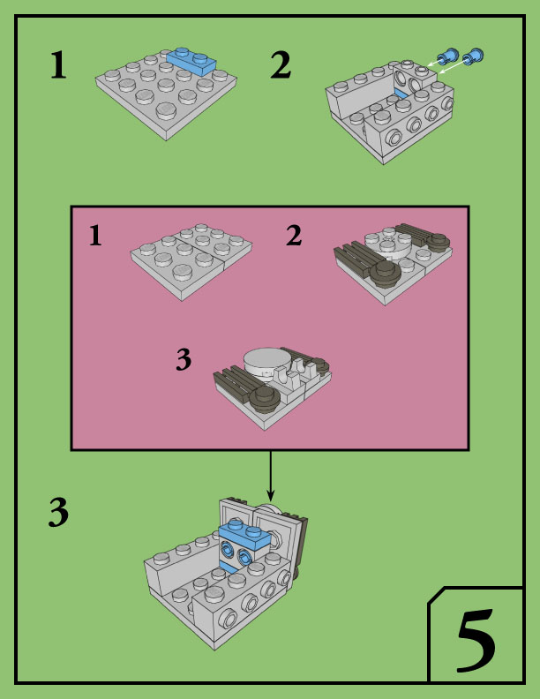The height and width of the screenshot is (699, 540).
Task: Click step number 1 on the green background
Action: point(58,65)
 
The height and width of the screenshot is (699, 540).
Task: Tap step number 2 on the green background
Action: point(281,65)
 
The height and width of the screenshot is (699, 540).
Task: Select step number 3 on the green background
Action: point(58,513)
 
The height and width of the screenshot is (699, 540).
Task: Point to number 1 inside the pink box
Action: point(96,236)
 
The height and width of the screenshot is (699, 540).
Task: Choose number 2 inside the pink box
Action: point(294,236)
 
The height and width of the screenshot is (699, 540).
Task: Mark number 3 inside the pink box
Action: point(184,359)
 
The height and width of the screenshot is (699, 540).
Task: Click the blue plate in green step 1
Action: point(191,59)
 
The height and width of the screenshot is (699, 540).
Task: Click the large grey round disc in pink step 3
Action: point(266,358)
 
